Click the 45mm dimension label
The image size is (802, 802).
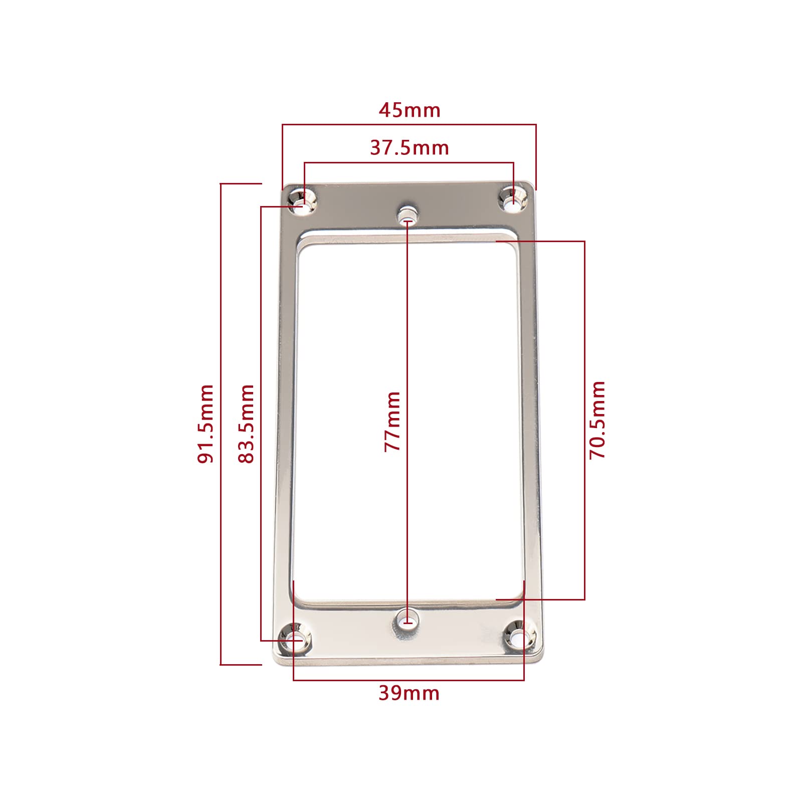(409, 110)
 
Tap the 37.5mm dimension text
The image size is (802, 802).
(409, 148)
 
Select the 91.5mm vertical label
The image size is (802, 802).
(206, 424)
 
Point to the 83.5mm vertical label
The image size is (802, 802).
(246, 424)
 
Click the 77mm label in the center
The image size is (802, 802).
(392, 422)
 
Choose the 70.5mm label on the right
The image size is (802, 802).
(597, 420)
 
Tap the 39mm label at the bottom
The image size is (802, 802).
(409, 693)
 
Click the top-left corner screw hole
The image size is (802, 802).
(303, 200)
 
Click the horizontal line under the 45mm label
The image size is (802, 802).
(409, 125)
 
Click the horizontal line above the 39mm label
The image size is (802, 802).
(409, 680)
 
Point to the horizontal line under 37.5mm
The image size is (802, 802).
(409, 162)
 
